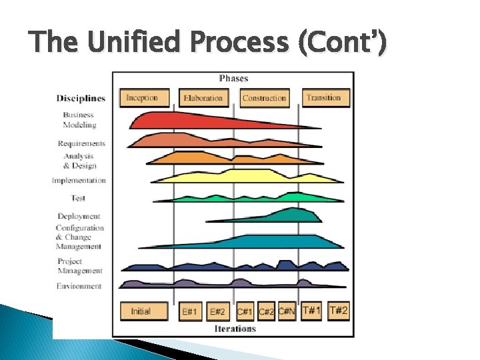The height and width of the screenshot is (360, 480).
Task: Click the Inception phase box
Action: pyautogui.click(x=142, y=98)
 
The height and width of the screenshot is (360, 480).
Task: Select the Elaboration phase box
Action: pyautogui.click(x=203, y=98)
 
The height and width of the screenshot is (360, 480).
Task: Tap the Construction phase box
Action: pyautogui.click(x=264, y=98)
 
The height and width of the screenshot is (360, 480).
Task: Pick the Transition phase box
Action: pyautogui.click(x=323, y=98)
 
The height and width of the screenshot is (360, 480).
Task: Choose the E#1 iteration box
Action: pyautogui.click(x=191, y=311)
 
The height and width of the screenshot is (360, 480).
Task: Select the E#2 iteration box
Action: pyautogui.click(x=217, y=311)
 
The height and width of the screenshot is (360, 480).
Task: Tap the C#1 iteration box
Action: pyautogui.click(x=245, y=311)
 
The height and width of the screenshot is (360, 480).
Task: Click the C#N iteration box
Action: pyautogui.click(x=287, y=311)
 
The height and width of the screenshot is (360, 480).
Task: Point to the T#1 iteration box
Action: pyautogui.click(x=311, y=311)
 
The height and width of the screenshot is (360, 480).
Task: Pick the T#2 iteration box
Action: pyautogui.click(x=338, y=311)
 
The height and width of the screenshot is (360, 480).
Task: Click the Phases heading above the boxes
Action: pyautogui.click(x=233, y=79)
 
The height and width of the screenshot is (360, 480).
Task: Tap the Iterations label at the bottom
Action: pyautogui.click(x=235, y=329)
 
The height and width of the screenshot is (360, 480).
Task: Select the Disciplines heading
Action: pyautogui.click(x=81, y=99)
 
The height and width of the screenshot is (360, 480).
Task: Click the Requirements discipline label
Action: pyautogui.click(x=81, y=143)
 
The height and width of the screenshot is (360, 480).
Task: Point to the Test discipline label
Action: pyautogui.click(x=78, y=198)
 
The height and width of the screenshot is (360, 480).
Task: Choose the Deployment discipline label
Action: pyautogui.click(x=79, y=216)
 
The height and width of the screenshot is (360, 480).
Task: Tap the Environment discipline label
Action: pyautogui.click(x=79, y=286)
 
